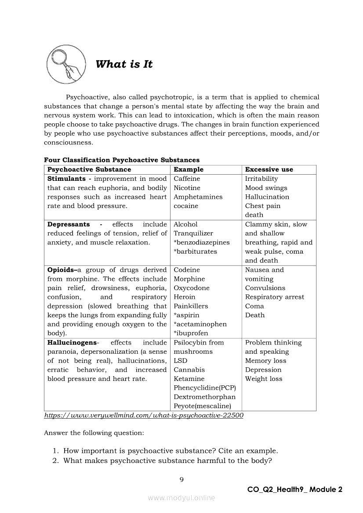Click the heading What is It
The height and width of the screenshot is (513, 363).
(124, 65)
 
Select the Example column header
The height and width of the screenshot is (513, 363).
(189, 169)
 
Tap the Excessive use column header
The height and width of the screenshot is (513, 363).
(269, 169)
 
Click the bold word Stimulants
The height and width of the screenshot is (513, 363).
(66, 179)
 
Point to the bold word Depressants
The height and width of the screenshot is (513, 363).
(69, 224)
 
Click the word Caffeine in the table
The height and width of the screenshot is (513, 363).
(187, 179)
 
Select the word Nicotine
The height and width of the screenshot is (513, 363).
(187, 188)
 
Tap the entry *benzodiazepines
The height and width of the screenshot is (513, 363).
(202, 242)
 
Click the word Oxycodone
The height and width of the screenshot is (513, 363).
(192, 288)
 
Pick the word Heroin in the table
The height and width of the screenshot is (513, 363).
(185, 297)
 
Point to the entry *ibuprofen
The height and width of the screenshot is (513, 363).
(191, 333)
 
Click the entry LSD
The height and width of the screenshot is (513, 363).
(180, 361)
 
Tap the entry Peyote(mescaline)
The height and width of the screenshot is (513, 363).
(202, 406)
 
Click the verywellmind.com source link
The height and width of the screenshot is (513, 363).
(144, 415)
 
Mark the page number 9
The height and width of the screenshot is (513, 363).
(181, 479)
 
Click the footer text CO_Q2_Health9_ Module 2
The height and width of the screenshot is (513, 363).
(294, 490)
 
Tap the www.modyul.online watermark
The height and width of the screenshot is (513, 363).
(181, 498)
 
